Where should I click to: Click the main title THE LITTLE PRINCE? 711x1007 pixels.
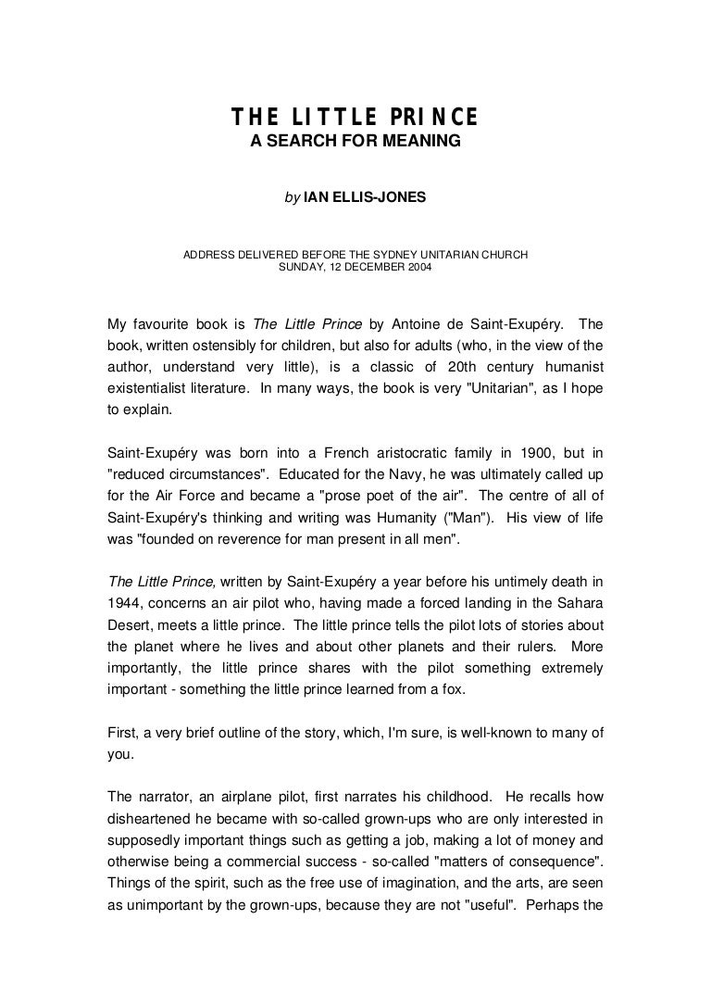pyautogui.click(x=355, y=118)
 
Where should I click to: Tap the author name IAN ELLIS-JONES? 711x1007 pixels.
pyautogui.click(x=365, y=198)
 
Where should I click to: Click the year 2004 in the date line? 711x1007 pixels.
pyautogui.click(x=415, y=268)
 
